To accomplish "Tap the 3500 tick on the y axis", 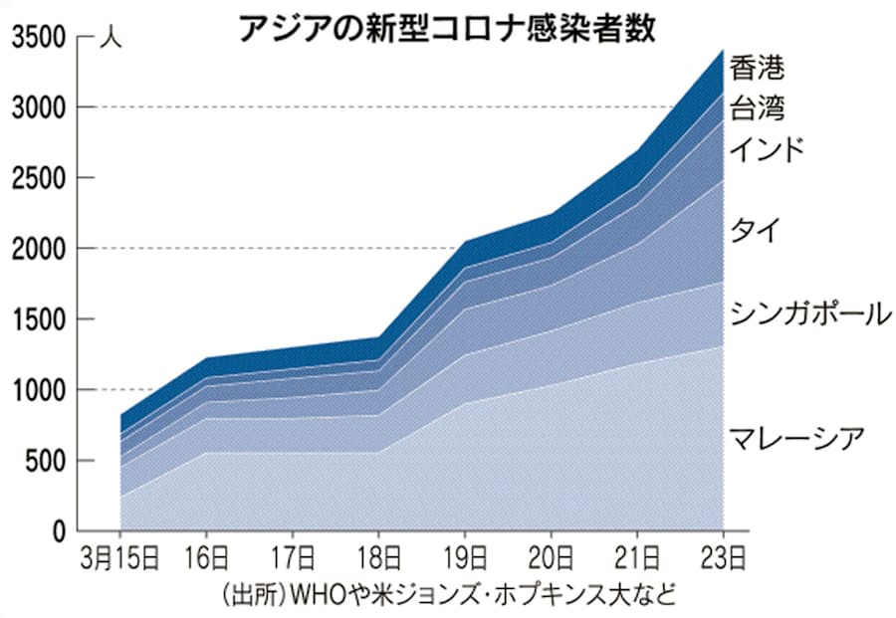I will click(x=38, y=38).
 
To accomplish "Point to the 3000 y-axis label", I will click(x=38, y=107).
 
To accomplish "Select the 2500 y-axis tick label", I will click(x=38, y=178).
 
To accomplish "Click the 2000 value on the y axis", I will click(x=38, y=249).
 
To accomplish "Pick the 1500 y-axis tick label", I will click(x=38, y=319).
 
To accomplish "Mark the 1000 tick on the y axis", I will click(x=38, y=390).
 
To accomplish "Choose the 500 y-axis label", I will click(x=45, y=461).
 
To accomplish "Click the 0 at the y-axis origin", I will click(x=60, y=531).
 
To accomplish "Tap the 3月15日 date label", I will click(x=119, y=556).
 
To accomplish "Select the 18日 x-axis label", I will click(x=377, y=556).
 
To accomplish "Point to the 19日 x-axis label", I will click(x=464, y=556).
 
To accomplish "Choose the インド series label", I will click(x=767, y=150).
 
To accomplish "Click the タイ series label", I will click(x=754, y=230).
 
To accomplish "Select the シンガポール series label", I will click(x=808, y=313).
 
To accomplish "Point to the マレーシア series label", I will click(x=795, y=438).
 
